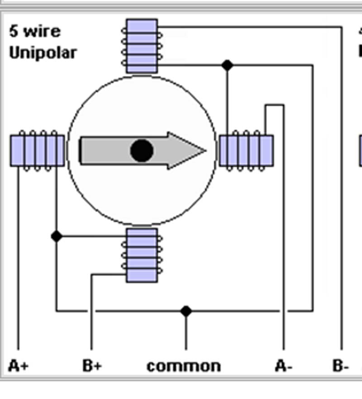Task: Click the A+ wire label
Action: pos(18,366)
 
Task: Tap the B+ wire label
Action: pos(92,366)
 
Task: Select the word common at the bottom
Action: pos(184,366)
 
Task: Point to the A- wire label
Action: pos(284,366)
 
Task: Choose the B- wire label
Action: pos(340,366)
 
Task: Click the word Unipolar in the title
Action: pos(43,53)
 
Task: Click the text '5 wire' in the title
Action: pos(35,32)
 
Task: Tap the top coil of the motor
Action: pos(142,46)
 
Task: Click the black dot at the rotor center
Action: pos(142,151)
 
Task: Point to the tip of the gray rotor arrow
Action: pos(205,151)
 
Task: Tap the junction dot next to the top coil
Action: pos(227,65)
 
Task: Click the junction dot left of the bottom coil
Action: pos(56,236)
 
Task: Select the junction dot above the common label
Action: pos(186,311)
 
